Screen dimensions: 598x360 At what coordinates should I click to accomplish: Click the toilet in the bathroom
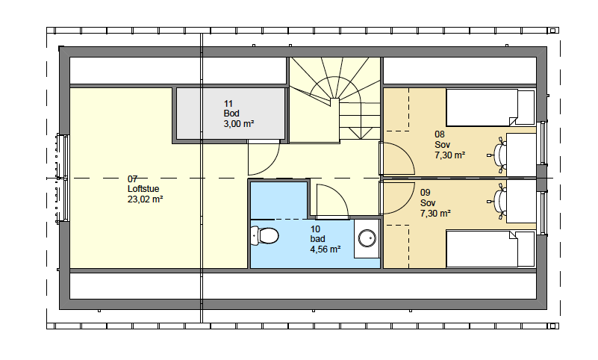264,236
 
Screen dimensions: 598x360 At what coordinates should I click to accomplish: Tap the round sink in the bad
367,238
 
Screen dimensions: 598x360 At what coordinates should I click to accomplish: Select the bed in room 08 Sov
490,108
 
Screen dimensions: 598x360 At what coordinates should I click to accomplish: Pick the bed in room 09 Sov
490,249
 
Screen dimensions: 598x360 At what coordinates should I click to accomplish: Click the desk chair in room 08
498,155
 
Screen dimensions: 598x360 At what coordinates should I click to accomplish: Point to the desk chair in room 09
498,201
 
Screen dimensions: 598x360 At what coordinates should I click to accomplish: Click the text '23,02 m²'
146,199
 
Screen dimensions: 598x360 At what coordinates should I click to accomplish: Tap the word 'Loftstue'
143,189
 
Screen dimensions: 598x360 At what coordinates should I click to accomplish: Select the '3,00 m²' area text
239,123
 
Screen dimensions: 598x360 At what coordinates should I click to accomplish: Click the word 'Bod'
231,114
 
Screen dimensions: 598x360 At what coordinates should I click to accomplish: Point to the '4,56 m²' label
326,249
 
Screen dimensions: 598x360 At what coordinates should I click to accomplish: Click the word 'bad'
318,239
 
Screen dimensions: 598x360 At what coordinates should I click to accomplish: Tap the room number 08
440,134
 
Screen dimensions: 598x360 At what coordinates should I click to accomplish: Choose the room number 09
426,193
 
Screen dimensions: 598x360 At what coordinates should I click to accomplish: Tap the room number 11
228,103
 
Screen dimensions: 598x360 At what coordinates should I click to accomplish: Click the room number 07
132,179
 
